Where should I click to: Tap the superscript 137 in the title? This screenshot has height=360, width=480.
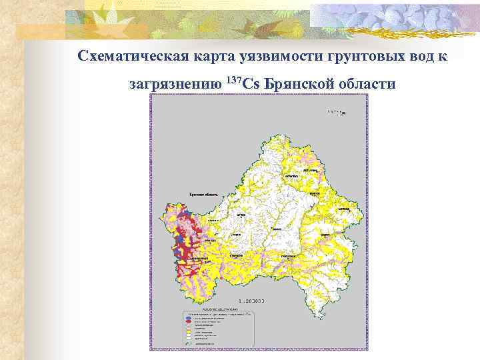233,80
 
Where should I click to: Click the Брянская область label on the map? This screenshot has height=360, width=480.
205,194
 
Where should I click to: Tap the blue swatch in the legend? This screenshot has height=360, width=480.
188,317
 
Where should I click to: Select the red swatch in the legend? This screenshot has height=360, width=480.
188,321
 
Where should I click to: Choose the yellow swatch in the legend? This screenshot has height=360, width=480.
188,331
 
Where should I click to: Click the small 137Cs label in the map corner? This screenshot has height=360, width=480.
337,113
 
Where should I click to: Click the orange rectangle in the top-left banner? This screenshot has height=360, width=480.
40,30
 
